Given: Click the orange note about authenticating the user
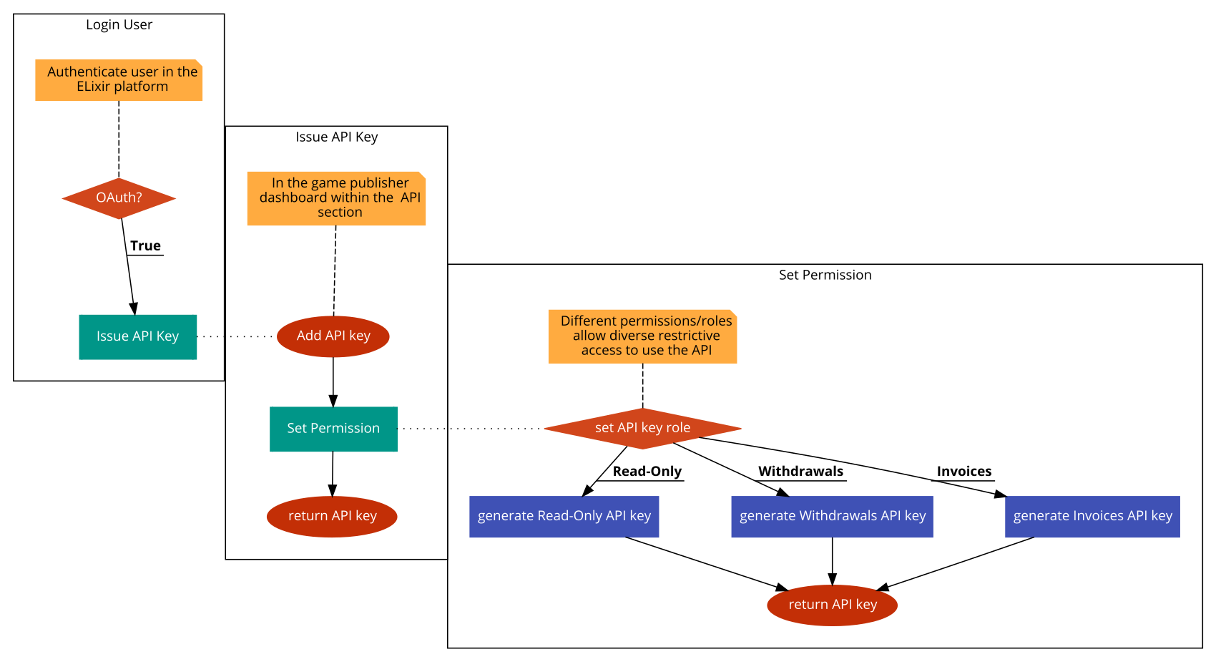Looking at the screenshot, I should click(x=119, y=80).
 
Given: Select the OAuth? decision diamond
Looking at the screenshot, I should click(x=119, y=198).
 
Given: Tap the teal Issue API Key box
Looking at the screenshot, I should click(x=137, y=336).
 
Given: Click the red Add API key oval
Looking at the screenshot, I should click(x=333, y=336).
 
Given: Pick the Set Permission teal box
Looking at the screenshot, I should click(x=333, y=429).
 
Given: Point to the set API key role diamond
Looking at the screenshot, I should click(x=642, y=428).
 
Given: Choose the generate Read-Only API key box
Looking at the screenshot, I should click(x=564, y=516).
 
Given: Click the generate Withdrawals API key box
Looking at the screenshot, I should click(x=832, y=516).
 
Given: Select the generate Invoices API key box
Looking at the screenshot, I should click(x=1092, y=516).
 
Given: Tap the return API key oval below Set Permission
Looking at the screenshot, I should click(x=332, y=516).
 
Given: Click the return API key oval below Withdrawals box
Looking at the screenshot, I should click(x=832, y=605).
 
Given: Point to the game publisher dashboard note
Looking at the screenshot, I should click(x=336, y=198).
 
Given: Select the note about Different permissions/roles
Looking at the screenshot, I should click(x=642, y=336).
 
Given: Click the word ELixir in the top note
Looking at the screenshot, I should click(x=94, y=87).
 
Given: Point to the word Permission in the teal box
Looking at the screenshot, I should click(x=345, y=429).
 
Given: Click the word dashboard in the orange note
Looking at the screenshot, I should click(x=291, y=198).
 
